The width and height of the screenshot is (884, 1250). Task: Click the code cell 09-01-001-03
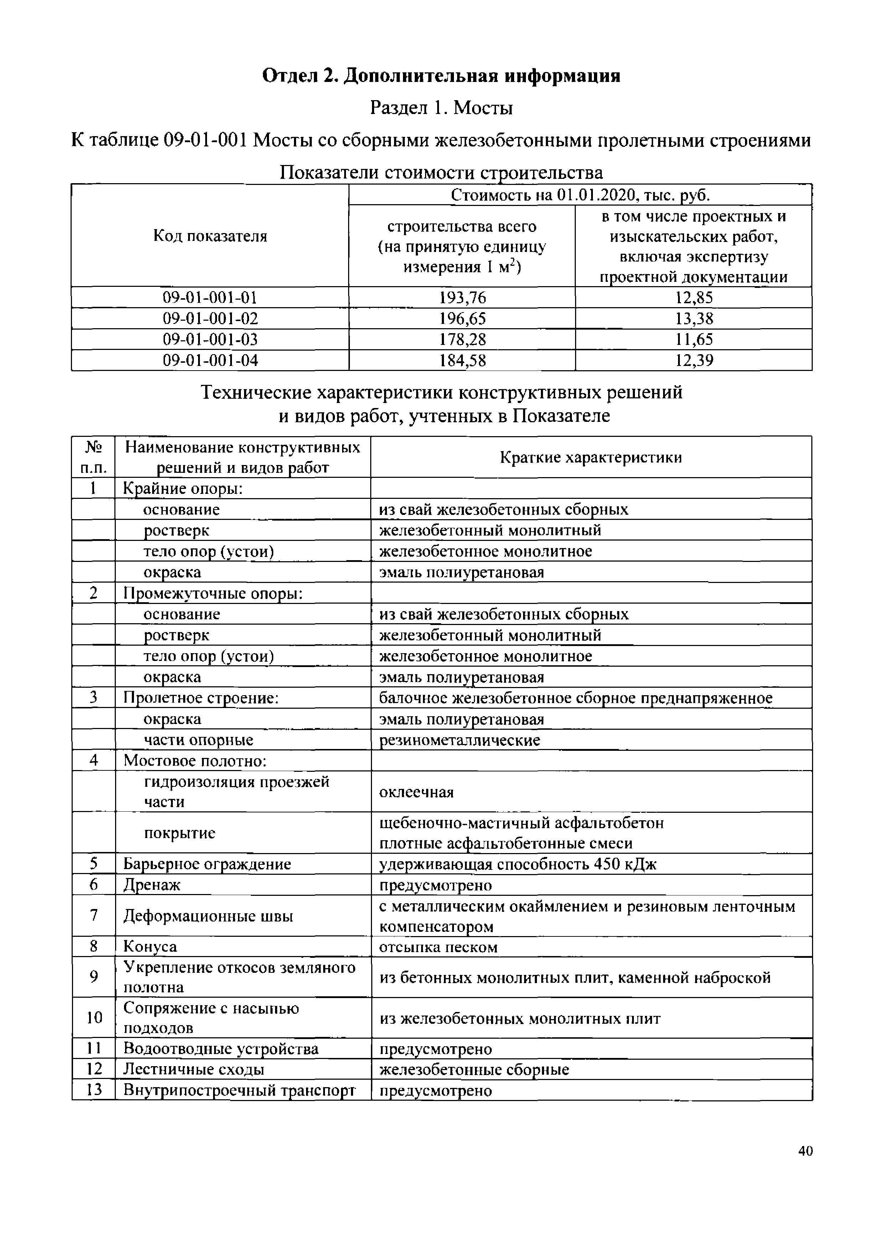pyautogui.click(x=210, y=339)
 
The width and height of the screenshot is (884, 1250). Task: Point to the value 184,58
pyautogui.click(x=462, y=360)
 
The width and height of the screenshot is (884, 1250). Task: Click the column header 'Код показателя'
pyautogui.click(x=210, y=236)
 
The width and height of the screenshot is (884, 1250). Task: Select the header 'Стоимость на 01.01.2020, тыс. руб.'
pyautogui.click(x=580, y=195)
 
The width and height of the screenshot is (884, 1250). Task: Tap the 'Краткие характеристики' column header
pyautogui.click(x=591, y=457)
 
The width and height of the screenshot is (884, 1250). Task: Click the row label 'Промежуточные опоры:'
pyautogui.click(x=213, y=593)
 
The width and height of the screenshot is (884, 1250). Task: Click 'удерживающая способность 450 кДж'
pyautogui.click(x=518, y=864)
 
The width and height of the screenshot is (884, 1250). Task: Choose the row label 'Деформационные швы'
pyautogui.click(x=208, y=916)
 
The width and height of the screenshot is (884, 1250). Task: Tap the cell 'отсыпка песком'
pyautogui.click(x=438, y=947)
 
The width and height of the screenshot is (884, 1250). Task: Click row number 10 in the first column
pyautogui.click(x=94, y=1017)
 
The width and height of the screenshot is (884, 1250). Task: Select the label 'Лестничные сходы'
pyautogui.click(x=194, y=1069)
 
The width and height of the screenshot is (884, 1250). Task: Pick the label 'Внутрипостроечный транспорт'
pyautogui.click(x=239, y=1090)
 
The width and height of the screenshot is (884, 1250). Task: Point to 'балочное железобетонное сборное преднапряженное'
pyautogui.click(x=575, y=698)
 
